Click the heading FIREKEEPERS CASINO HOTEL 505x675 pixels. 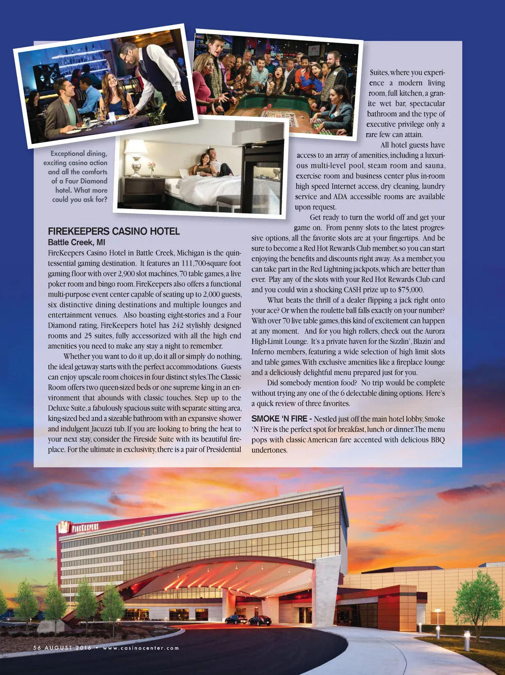tap(113, 231)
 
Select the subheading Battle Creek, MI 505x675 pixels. tap(76, 242)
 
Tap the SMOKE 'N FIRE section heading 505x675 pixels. tap(279, 419)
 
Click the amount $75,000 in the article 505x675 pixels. tap(410, 290)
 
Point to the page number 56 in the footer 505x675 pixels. tap(37, 648)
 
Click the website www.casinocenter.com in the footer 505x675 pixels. tap(141, 648)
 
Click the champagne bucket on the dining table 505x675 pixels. tap(157, 116)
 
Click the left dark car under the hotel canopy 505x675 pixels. tap(236, 619)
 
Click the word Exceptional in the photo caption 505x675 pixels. tap(78, 153)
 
